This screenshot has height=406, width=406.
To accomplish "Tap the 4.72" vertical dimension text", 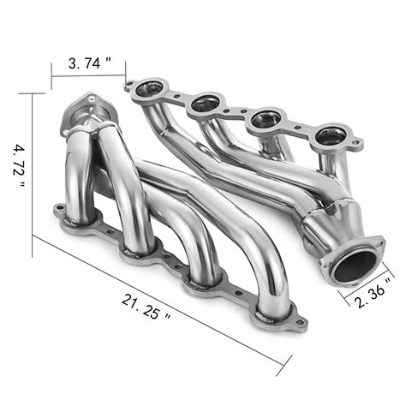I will tap(20, 160).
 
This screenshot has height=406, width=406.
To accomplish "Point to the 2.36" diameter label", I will tap(376, 293).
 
